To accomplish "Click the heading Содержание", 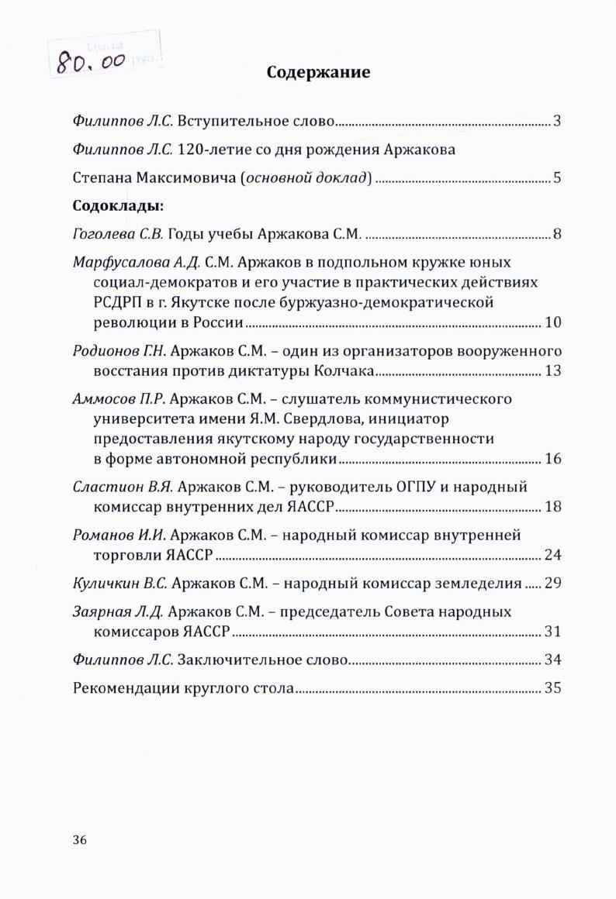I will click(318, 73).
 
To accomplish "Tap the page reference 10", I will click(552, 322).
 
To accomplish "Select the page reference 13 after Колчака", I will click(552, 370).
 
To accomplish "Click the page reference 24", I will click(552, 555).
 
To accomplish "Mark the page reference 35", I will click(552, 688).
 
